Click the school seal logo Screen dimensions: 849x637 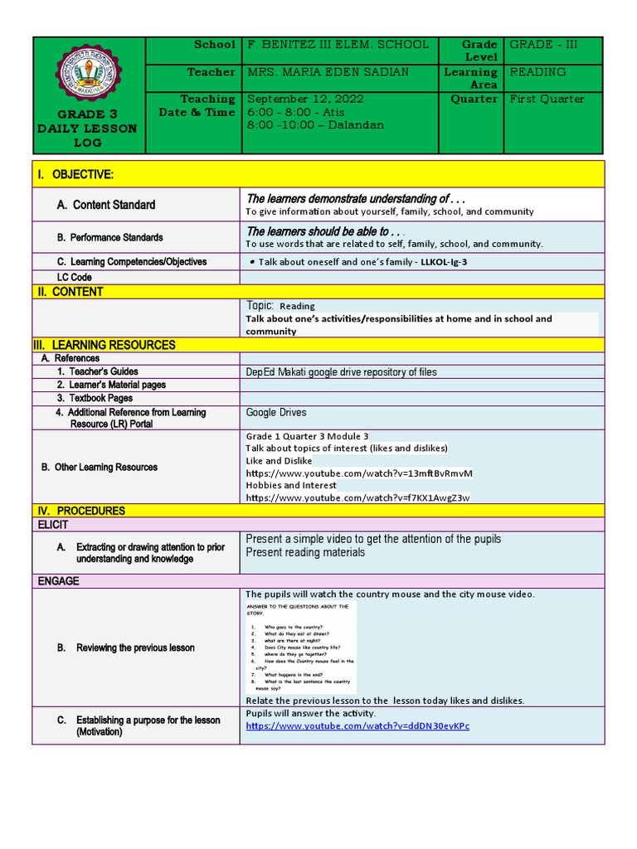point(88,75)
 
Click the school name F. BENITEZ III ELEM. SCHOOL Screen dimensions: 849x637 point(338,45)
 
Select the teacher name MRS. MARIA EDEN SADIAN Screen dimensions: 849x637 point(328,72)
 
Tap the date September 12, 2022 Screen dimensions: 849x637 point(306,99)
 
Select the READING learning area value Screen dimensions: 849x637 point(537,72)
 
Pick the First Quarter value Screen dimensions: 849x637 point(547,99)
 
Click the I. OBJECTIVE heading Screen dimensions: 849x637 point(74,174)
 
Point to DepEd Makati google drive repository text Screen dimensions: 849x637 point(341,372)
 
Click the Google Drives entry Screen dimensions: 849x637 point(276,412)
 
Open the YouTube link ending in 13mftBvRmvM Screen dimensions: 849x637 point(358,473)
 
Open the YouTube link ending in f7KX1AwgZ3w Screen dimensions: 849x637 point(357,497)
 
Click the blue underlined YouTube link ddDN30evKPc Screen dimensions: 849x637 point(357,726)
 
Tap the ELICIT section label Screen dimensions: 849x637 point(52,525)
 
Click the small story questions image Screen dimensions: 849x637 point(301,648)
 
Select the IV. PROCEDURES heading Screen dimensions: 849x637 point(80,511)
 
